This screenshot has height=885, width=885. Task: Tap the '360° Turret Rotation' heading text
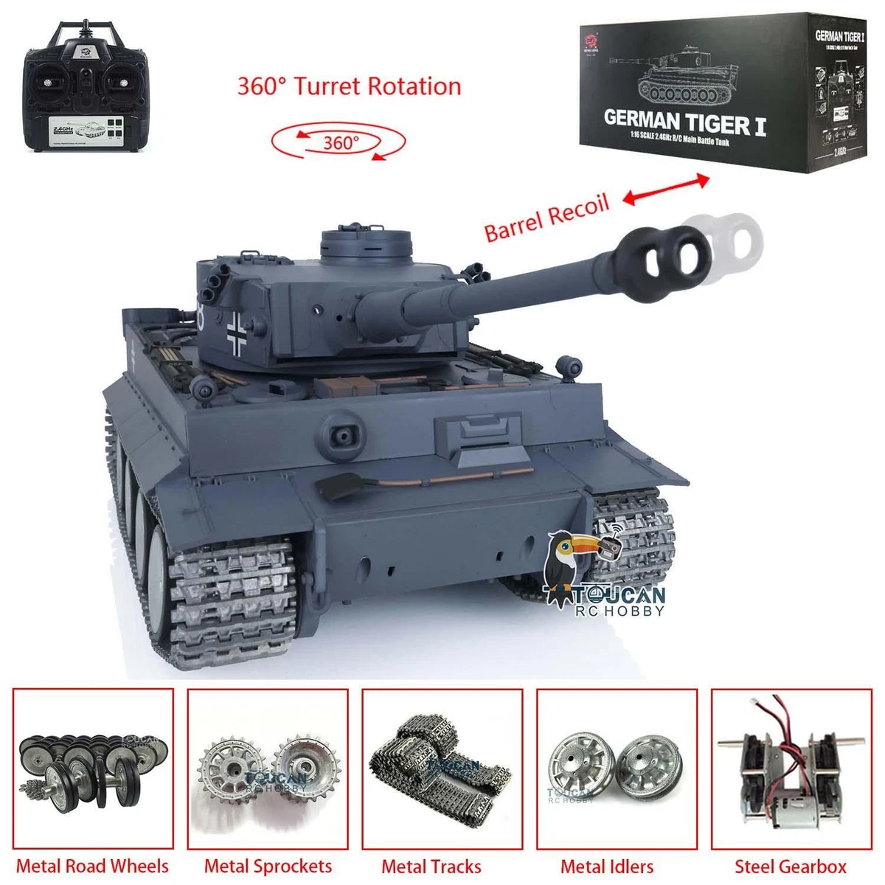click(x=349, y=86)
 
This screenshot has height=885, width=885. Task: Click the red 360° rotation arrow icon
click(x=339, y=142)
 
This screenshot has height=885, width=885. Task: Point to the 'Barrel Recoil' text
click(x=546, y=217)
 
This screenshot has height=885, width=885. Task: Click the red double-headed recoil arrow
click(x=667, y=189)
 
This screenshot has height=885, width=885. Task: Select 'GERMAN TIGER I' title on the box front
click(x=684, y=121)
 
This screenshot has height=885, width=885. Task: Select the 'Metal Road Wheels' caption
click(x=93, y=866)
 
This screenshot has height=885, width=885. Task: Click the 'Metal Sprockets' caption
click(x=268, y=866)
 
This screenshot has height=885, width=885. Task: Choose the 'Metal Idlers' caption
click(x=607, y=866)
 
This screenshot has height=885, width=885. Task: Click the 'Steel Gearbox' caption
click(x=791, y=866)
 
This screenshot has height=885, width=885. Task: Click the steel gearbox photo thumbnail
click(x=791, y=768)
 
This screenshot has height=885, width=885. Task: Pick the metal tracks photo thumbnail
click(x=442, y=768)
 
